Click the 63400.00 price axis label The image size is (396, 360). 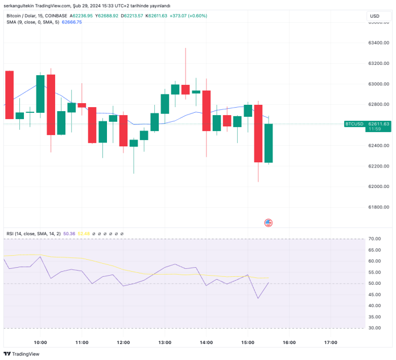point(378,43)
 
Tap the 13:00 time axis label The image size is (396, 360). point(165,342)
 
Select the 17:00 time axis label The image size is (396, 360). point(331,342)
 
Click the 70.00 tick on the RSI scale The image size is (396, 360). point(374,239)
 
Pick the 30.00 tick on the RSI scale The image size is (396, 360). point(374,328)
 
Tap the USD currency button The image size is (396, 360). point(374,16)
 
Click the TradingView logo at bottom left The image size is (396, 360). point(23,354)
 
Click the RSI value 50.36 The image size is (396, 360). point(69,234)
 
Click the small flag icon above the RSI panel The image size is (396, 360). point(269,223)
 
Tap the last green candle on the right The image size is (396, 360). point(269,143)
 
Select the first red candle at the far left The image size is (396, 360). point(9,95)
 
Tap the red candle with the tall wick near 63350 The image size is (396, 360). point(185,89)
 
